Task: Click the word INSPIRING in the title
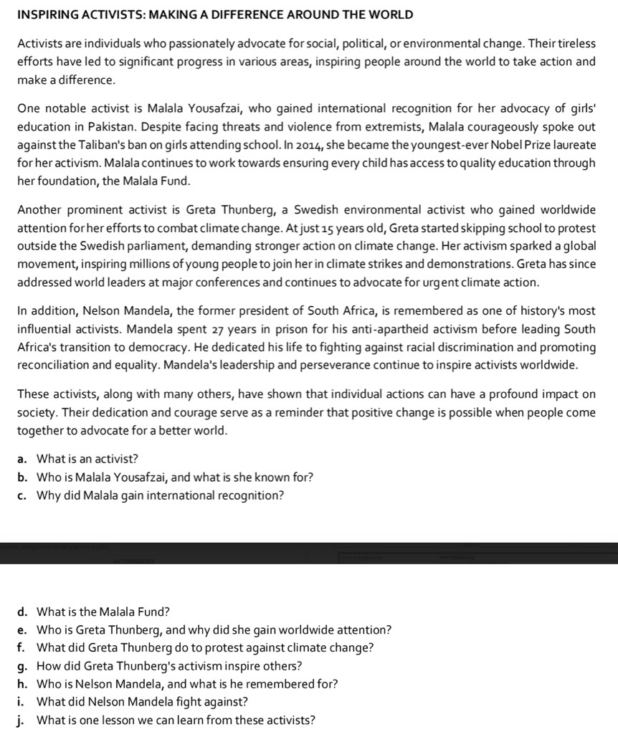pyautogui.click(x=44, y=14)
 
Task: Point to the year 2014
pyautogui.click(x=309, y=146)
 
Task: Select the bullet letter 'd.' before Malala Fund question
pyautogui.click(x=22, y=612)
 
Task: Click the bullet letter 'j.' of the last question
pyautogui.click(x=22, y=720)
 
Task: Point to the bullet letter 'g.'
pyautogui.click(x=22, y=666)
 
